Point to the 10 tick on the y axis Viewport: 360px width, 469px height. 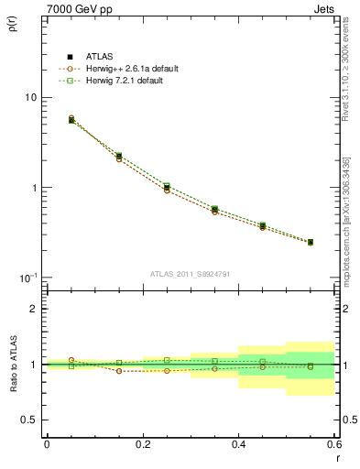click(x=29, y=98)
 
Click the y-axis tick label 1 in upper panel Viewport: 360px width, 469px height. click(x=33, y=188)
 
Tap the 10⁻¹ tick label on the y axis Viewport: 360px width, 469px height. click(x=27, y=277)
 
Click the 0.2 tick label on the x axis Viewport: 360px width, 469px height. click(x=142, y=444)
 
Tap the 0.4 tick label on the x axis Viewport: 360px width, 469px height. click(x=238, y=444)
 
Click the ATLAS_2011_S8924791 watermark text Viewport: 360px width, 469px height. click(x=191, y=273)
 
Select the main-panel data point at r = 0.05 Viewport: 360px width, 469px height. click(x=71, y=120)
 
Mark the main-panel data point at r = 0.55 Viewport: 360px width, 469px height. click(x=311, y=242)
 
